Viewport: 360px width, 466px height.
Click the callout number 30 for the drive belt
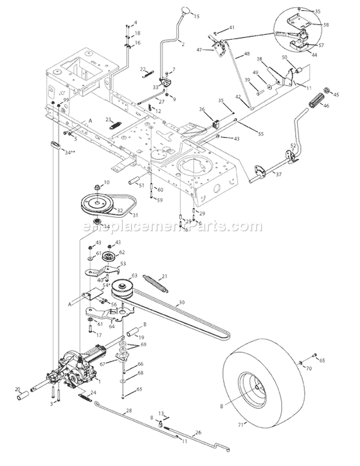tap(181, 303)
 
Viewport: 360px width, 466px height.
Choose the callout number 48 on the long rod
tap(247, 54)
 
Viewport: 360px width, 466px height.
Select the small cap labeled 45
tap(327, 91)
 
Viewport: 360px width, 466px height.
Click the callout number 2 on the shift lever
tap(182, 43)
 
